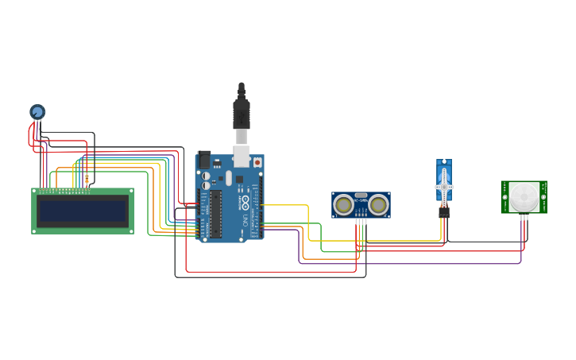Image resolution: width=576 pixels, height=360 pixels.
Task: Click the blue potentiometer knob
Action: pos(37,112)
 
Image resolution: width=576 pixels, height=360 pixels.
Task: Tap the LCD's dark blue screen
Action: pos(83,211)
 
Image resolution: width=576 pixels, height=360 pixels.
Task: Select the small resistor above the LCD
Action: pos(87,179)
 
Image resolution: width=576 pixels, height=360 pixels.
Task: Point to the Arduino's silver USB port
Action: pos(242,155)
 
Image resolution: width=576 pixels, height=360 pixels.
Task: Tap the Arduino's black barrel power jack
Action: pos(204,159)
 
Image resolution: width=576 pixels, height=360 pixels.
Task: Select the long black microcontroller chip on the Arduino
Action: pos(215,214)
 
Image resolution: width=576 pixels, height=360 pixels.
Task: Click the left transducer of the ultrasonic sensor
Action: pos(344,205)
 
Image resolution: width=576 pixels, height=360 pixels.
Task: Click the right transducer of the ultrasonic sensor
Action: pos(378,205)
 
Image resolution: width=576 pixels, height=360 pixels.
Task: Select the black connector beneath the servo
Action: pos(443,211)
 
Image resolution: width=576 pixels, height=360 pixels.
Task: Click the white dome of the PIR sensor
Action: pos(524,196)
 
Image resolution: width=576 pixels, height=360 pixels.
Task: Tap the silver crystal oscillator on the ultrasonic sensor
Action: pos(361,195)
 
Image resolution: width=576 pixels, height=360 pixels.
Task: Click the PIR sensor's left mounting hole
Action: pos(504,186)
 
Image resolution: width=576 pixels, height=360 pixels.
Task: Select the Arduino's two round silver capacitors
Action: pos(206,180)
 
